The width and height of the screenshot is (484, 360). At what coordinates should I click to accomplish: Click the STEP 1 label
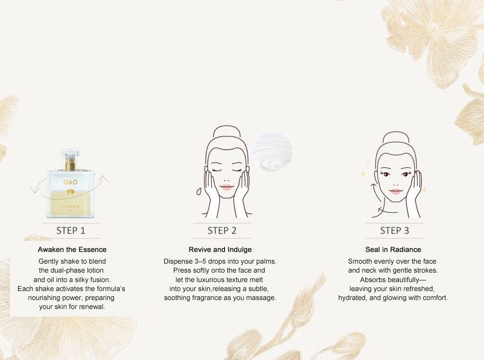click(71, 231)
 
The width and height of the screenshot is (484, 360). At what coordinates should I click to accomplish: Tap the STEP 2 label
click(222, 231)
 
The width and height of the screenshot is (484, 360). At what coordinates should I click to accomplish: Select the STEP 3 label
click(395, 231)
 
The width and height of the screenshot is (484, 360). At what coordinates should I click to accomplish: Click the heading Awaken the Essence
click(72, 249)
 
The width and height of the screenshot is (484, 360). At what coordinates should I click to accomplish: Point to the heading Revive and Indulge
click(220, 249)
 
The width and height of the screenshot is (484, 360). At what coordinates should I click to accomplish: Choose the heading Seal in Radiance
click(393, 249)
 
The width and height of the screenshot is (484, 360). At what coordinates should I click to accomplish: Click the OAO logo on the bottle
click(70, 182)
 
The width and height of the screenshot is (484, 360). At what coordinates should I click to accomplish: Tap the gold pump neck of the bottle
click(70, 164)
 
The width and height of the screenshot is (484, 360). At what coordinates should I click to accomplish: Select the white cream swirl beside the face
click(272, 151)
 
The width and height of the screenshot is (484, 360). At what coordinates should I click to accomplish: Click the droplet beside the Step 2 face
click(199, 191)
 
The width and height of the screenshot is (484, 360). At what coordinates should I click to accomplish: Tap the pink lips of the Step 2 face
click(226, 187)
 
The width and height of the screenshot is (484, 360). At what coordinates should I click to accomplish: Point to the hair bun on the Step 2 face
click(227, 132)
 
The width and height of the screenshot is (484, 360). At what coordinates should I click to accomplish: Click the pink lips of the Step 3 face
click(396, 191)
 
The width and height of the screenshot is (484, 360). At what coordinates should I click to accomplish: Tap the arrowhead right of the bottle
click(103, 178)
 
